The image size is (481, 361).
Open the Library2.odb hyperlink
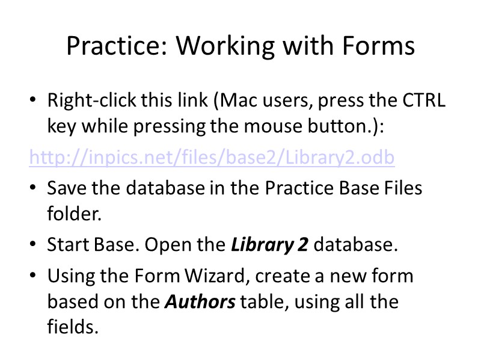point(212,158)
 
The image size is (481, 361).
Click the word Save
point(66,188)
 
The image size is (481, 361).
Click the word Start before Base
point(68,246)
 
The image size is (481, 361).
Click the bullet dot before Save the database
point(34,188)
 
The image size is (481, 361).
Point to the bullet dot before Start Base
point(34,246)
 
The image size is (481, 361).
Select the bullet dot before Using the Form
point(34,276)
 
